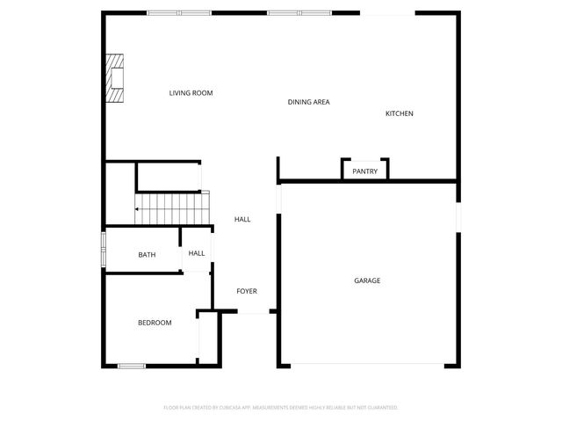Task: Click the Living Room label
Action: pos(191,93)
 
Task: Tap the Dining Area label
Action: pos(308,103)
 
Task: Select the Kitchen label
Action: pos(399,113)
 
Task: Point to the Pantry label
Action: pos(364,171)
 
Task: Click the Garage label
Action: pos(367,280)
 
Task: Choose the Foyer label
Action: pos(246,291)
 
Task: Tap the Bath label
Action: pos(147,255)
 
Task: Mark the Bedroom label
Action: pos(155,323)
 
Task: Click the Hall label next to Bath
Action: pos(197,253)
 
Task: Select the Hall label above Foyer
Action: pos(242,219)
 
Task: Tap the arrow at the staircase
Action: pos(138,209)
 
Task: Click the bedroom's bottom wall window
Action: pos(131,366)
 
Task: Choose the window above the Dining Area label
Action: pos(298,13)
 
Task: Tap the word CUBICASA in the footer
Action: pos(236,408)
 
